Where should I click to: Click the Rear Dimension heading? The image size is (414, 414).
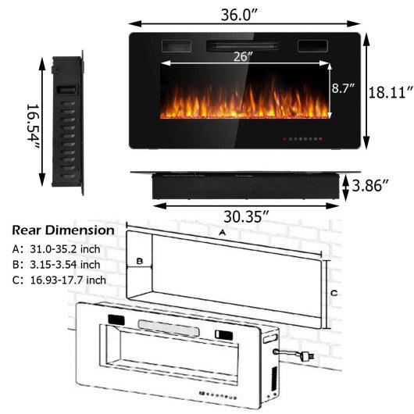click(x=62, y=231)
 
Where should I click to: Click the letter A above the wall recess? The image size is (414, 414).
click(x=223, y=233)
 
